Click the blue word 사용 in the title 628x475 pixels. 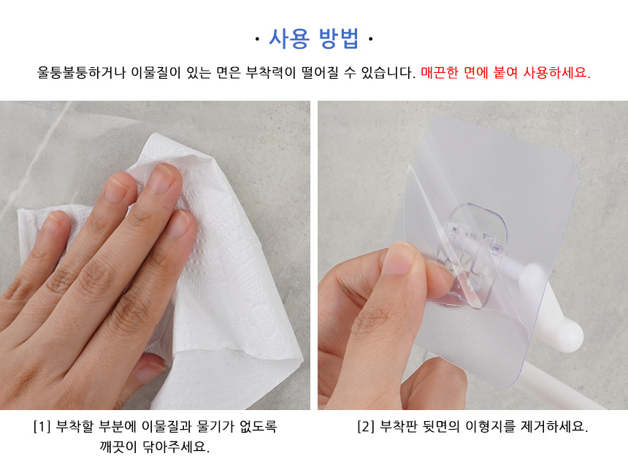pyautogui.click(x=288, y=39)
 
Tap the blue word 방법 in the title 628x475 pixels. pyautogui.click(x=339, y=39)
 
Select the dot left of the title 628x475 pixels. pyautogui.click(x=257, y=39)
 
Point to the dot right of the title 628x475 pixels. pyautogui.click(x=370, y=39)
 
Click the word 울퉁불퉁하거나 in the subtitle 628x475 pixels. pyautogui.click(x=81, y=72)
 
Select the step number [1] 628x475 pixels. pyautogui.click(x=42, y=427)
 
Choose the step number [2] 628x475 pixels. pyautogui.click(x=366, y=427)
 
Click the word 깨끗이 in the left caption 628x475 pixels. pyautogui.click(x=118, y=447)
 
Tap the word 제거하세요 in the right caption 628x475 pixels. pyautogui.click(x=554, y=427)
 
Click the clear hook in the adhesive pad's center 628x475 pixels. pyautogui.click(x=474, y=256)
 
